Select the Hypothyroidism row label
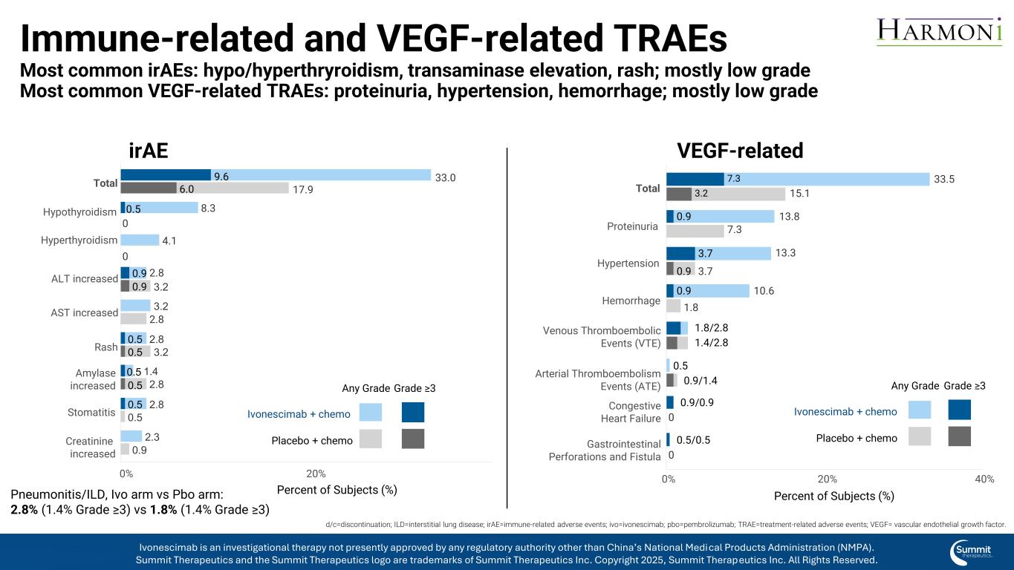pos(80,212)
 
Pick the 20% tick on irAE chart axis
pos(316,473)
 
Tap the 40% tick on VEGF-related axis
pos(984,479)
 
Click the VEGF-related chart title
pos(740,151)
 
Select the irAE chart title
pos(149,151)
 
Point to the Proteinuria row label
pos(633,226)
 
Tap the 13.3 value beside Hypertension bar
pos(786,253)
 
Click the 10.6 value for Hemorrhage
pos(764,290)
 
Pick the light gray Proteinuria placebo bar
pos(695,231)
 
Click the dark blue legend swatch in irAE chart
pos(413,412)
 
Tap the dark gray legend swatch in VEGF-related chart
pos(960,436)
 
